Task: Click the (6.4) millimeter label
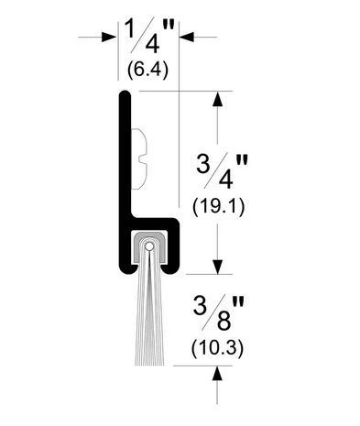click(147, 71)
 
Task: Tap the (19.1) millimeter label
click(218, 207)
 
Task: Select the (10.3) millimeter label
click(217, 348)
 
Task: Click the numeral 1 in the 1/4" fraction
click(130, 29)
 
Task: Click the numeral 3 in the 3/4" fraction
click(203, 163)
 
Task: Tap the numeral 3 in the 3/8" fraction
click(200, 305)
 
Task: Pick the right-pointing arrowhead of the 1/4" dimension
click(109, 38)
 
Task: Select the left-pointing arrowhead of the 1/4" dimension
click(187, 38)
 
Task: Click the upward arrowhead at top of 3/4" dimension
click(217, 98)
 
